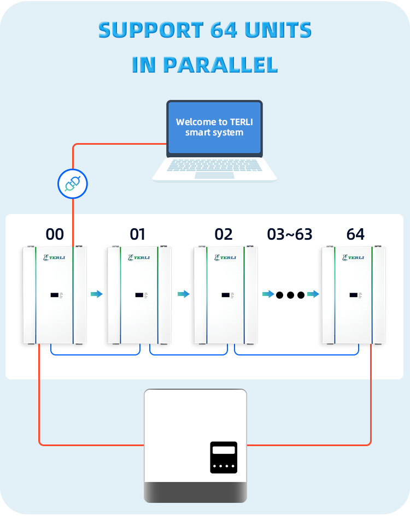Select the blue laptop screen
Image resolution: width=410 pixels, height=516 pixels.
[214, 127]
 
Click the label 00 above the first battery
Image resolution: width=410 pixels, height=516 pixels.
[55, 234]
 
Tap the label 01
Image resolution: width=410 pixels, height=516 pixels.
[138, 234]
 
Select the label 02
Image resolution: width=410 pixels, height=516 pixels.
[224, 234]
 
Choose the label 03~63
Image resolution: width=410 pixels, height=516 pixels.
[290, 234]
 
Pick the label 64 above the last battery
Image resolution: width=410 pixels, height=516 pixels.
[355, 234]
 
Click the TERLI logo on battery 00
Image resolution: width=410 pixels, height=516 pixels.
[54, 257]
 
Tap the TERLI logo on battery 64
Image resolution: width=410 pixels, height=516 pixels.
[353, 257]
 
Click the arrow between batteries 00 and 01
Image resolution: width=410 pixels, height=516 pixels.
[97, 294]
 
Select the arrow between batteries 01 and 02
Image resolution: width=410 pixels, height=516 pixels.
[183, 294]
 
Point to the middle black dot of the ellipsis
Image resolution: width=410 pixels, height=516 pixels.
[290, 295]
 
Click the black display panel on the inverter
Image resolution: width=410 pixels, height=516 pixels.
[224, 457]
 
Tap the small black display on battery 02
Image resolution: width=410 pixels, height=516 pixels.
[225, 295]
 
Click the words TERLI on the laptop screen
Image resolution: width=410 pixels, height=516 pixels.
[240, 122]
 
